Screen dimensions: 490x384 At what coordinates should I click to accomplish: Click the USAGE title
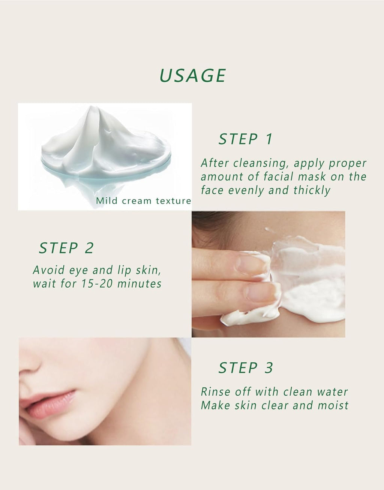[193, 75]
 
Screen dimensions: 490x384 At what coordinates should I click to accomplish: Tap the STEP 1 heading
[246, 139]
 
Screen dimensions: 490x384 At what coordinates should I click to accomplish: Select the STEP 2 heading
[66, 248]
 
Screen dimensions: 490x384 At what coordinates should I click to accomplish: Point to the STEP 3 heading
[246, 368]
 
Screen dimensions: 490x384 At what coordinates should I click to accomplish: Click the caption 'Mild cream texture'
[143, 201]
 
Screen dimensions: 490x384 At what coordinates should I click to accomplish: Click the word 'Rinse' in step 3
[216, 392]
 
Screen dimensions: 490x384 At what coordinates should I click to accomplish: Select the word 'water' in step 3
[332, 392]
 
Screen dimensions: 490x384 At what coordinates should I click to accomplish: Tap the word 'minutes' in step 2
[139, 284]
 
